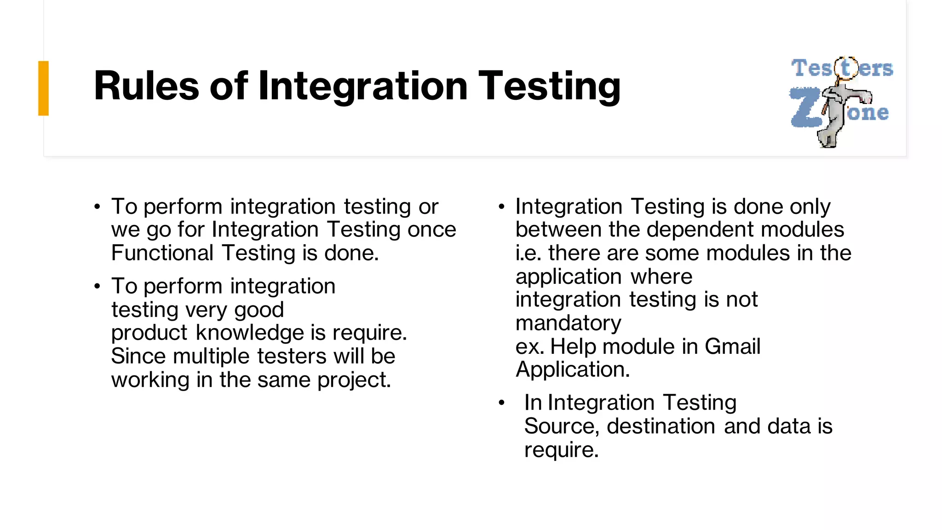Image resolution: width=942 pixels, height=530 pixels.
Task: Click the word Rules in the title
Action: (x=146, y=86)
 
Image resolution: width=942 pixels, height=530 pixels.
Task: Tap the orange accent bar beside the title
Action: (x=43, y=88)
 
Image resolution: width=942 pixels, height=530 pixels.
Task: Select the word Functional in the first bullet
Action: (x=162, y=253)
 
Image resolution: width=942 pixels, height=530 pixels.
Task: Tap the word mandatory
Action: (x=568, y=323)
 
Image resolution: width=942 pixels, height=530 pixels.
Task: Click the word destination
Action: (x=661, y=426)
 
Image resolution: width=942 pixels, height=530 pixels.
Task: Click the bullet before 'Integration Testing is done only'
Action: (x=501, y=207)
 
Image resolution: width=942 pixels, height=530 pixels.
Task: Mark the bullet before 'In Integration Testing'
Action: (x=501, y=403)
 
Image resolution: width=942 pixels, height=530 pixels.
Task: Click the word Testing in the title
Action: (x=550, y=86)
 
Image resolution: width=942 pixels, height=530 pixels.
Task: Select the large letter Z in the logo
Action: (x=805, y=108)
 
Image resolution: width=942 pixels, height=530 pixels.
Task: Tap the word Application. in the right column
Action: (x=573, y=369)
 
